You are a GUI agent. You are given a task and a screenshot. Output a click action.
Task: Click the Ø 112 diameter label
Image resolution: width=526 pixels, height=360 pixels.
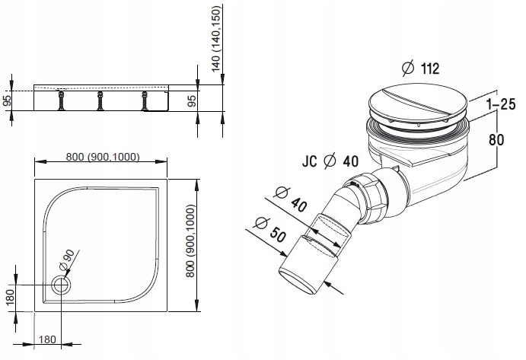pos(420,68)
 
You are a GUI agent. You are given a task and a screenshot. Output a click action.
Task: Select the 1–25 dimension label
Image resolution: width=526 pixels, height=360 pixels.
pos(501,104)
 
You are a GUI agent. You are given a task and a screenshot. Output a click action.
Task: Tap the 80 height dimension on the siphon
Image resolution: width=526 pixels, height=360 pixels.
pos(496,139)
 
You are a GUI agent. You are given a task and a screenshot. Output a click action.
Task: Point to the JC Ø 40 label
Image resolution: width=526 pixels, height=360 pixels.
pos(330,161)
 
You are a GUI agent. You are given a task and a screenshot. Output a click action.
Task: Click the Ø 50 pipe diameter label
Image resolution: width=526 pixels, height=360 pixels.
pos(271,230)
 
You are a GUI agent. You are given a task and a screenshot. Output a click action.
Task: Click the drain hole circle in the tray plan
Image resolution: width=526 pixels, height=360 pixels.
pos(61,285)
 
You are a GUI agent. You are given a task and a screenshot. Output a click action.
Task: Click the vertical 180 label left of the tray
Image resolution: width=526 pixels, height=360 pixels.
pos(10,298)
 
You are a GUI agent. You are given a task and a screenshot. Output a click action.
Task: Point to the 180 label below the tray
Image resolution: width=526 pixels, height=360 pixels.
pos(47,339)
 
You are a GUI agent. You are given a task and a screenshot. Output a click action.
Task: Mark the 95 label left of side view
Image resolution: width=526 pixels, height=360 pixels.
pos(7,100)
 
